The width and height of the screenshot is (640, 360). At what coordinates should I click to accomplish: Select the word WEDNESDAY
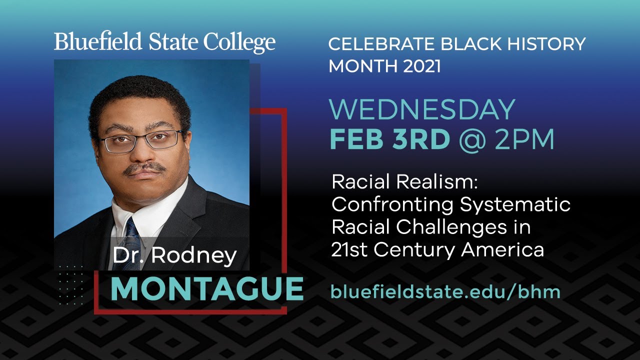(x=422, y=110)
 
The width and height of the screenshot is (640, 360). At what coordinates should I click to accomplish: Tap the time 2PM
(x=524, y=140)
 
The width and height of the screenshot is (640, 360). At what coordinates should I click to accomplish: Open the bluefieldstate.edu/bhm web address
(x=445, y=292)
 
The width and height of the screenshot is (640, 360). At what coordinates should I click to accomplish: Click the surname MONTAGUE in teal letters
(x=207, y=289)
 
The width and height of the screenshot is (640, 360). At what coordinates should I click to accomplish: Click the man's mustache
(x=144, y=169)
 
